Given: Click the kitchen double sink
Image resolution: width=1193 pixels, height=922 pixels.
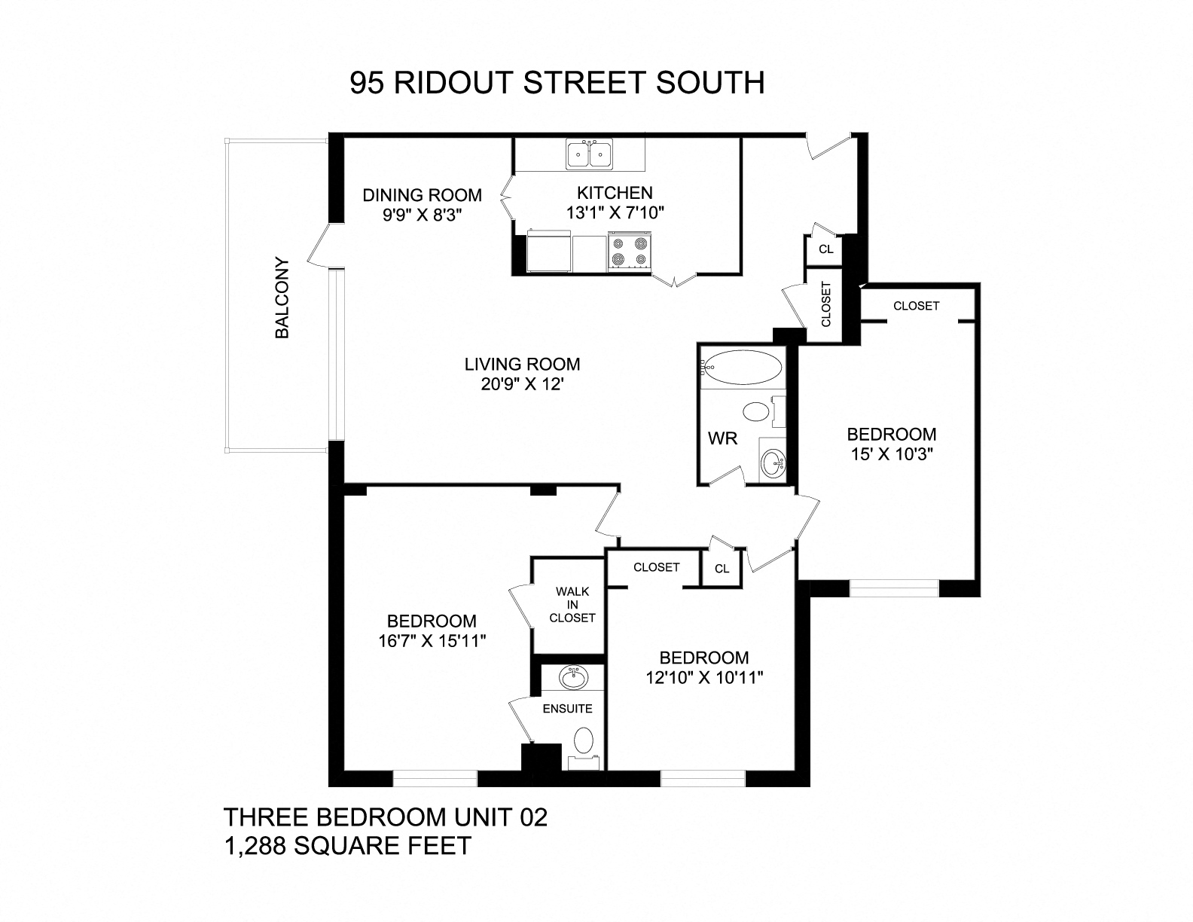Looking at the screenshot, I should pyautogui.click(x=590, y=154).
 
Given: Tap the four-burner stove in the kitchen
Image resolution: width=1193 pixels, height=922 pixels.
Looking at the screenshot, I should pyautogui.click(x=630, y=251).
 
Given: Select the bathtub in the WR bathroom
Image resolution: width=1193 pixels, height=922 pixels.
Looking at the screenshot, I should pyautogui.click(x=742, y=367).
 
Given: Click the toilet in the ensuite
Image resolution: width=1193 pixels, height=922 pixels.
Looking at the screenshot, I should pyautogui.click(x=583, y=740).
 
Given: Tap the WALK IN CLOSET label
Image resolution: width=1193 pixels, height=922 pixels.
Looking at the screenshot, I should pyautogui.click(x=572, y=605).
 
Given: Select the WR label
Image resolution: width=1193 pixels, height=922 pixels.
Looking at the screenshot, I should pyautogui.click(x=722, y=438).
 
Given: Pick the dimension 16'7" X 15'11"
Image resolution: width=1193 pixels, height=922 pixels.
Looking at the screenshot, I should pyautogui.click(x=432, y=641).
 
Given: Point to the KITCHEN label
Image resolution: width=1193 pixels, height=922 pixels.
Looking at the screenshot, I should pyautogui.click(x=615, y=193).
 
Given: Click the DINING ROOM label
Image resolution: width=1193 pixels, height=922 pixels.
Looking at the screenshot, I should pyautogui.click(x=422, y=195).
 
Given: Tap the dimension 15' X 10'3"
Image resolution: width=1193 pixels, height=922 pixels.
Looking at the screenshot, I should pyautogui.click(x=892, y=454).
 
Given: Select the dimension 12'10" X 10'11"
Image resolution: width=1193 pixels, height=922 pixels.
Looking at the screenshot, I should pyautogui.click(x=704, y=677).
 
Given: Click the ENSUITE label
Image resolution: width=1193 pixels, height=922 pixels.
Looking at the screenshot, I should pyautogui.click(x=567, y=709).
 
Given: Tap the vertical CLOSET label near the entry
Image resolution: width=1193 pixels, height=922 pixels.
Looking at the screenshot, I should pyautogui.click(x=826, y=304).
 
